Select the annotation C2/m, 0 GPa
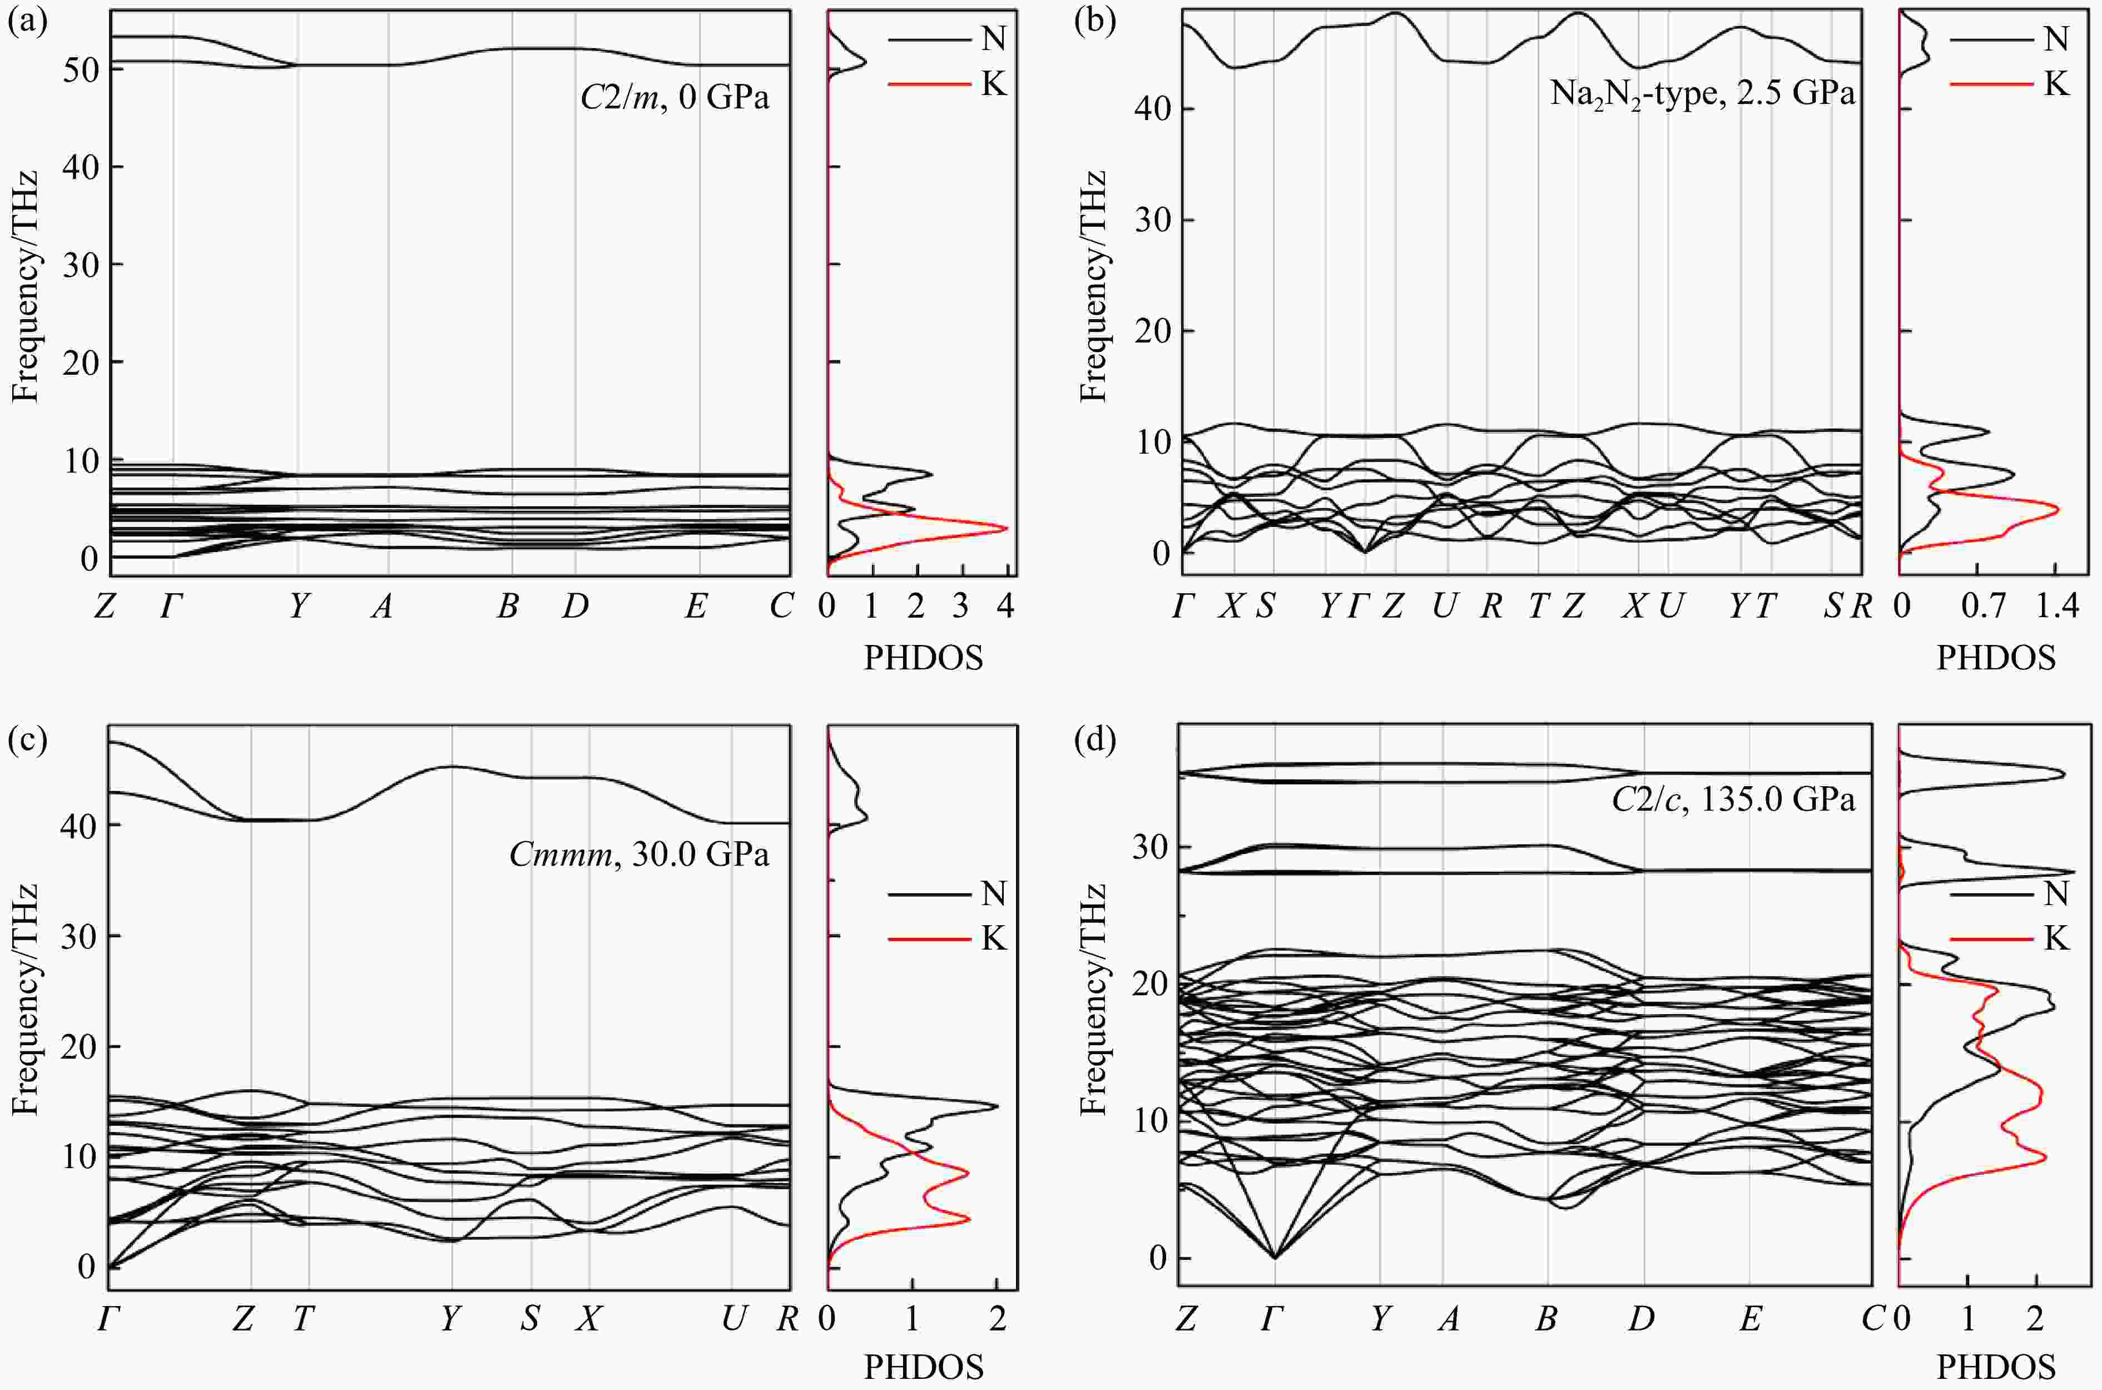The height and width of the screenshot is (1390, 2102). point(674,96)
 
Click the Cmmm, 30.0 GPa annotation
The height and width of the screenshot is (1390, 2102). point(638,855)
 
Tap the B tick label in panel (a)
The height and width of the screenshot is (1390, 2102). point(508,607)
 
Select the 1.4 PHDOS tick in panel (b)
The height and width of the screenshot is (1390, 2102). point(2057,607)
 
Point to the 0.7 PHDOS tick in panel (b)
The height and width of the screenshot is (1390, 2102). point(1983,607)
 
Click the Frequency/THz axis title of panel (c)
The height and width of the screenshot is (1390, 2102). point(26,999)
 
